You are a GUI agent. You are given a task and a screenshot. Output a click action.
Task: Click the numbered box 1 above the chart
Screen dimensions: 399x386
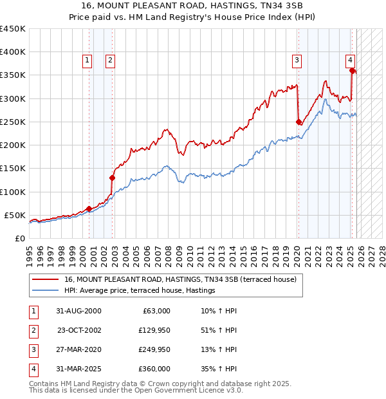tap(87, 60)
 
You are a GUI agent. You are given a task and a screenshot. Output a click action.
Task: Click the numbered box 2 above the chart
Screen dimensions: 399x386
tap(110, 60)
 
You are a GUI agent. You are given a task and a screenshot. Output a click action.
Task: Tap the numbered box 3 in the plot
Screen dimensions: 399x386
tap(297, 60)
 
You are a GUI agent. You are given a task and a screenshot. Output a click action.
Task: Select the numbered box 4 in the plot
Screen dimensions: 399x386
tap(350, 60)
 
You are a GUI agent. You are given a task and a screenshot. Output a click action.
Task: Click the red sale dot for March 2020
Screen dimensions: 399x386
tap(299, 122)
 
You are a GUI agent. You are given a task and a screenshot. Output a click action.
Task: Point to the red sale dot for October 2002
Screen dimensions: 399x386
tap(112, 178)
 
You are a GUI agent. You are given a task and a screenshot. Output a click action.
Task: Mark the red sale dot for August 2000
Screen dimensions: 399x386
tap(89, 209)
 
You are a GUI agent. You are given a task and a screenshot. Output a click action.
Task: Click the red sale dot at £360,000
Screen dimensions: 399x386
tap(353, 70)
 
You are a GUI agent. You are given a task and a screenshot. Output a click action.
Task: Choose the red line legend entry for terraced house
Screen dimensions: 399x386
tap(180, 280)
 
